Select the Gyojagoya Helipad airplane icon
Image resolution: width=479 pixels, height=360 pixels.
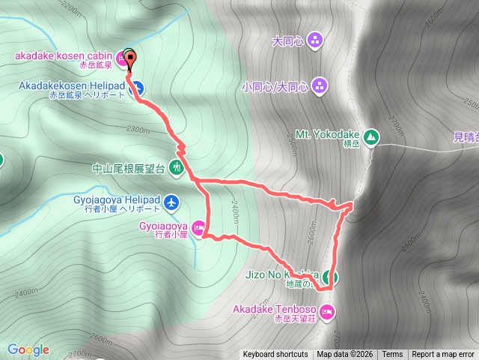tap(172, 202)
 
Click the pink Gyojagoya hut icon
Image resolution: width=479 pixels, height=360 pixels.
tap(198, 227)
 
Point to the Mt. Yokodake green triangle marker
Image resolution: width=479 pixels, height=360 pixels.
tap(372, 137)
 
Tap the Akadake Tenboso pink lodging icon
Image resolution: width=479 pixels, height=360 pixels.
tap(326, 311)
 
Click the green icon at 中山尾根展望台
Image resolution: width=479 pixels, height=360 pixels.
tap(177, 167)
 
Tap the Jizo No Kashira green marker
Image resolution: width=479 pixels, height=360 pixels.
tap(331, 277)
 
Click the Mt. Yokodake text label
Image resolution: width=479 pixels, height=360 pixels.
tap(323, 133)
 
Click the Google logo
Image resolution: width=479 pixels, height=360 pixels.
tap(28, 349)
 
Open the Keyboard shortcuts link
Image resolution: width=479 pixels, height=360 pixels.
tap(275, 355)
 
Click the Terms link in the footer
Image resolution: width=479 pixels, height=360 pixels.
tap(392, 355)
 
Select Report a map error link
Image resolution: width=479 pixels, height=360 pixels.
tap(443, 355)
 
